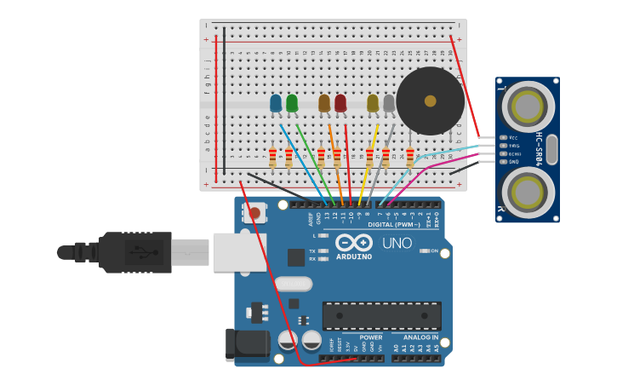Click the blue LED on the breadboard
pyautogui.click(x=276, y=103)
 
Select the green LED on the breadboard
pyautogui.click(x=292, y=103)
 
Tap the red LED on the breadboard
pyautogui.click(x=340, y=103)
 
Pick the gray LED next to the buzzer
pyautogui.click(x=389, y=103)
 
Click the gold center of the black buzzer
pyautogui.click(x=431, y=101)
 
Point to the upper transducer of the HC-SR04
pyautogui.click(x=528, y=107)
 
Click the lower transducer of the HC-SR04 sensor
pyautogui.click(x=528, y=191)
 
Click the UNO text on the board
pyautogui.click(x=397, y=244)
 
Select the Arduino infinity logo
pyautogui.click(x=353, y=242)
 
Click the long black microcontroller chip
pyautogui.click(x=381, y=315)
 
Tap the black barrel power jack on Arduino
pyautogui.click(x=247, y=345)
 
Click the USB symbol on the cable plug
pyautogui.click(x=144, y=252)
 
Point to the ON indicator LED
pyautogui.click(x=425, y=251)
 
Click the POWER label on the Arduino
pyautogui.click(x=370, y=337)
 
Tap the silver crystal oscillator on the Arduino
pyautogui.click(x=293, y=283)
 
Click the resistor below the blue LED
pyautogui.click(x=272, y=158)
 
